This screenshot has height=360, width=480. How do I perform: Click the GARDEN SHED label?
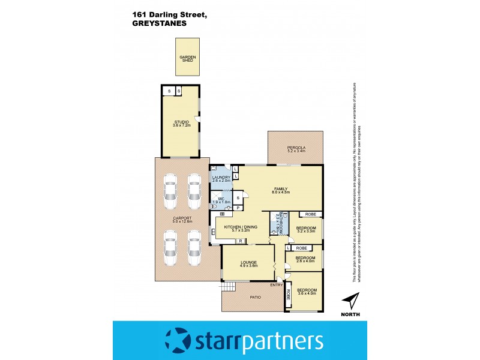point(187,58)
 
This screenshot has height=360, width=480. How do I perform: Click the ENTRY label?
point(276,285)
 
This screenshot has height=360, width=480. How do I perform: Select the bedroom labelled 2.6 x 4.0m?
point(305,259)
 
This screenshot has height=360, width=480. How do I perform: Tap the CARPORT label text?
point(182,219)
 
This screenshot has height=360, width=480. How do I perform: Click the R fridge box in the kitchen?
point(239,241)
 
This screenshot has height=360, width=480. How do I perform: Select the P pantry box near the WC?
point(238,208)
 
